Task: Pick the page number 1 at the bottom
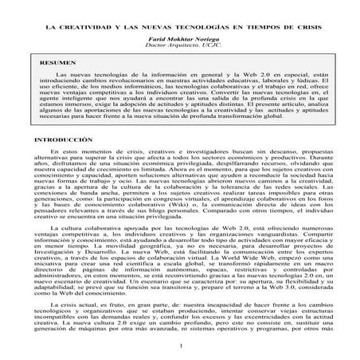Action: click(181, 345)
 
